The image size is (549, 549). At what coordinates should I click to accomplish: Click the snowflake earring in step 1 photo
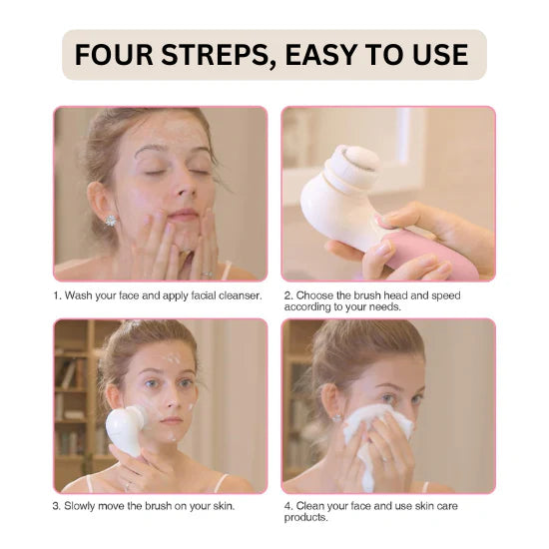point(110,219)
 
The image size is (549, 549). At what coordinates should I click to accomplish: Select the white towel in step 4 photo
point(379,439)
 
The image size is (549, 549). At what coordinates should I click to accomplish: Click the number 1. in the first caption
point(58,295)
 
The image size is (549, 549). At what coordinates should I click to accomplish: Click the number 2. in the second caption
point(286,295)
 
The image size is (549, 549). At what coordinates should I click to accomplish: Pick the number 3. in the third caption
point(58,506)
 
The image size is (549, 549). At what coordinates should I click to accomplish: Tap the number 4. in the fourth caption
point(286,505)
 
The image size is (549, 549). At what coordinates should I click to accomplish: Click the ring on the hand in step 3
point(127,485)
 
